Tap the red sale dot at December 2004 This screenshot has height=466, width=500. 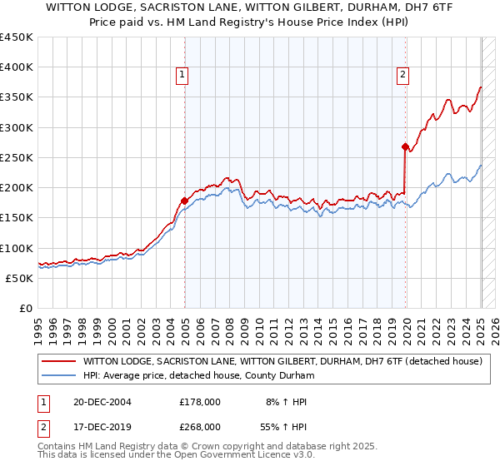(x=184, y=201)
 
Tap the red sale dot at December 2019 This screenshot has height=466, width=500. (x=405, y=146)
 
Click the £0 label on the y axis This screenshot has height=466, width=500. (x=26, y=308)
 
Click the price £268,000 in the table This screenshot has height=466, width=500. (x=200, y=426)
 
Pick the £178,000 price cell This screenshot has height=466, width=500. (x=200, y=402)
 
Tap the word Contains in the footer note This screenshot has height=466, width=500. (x=61, y=447)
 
